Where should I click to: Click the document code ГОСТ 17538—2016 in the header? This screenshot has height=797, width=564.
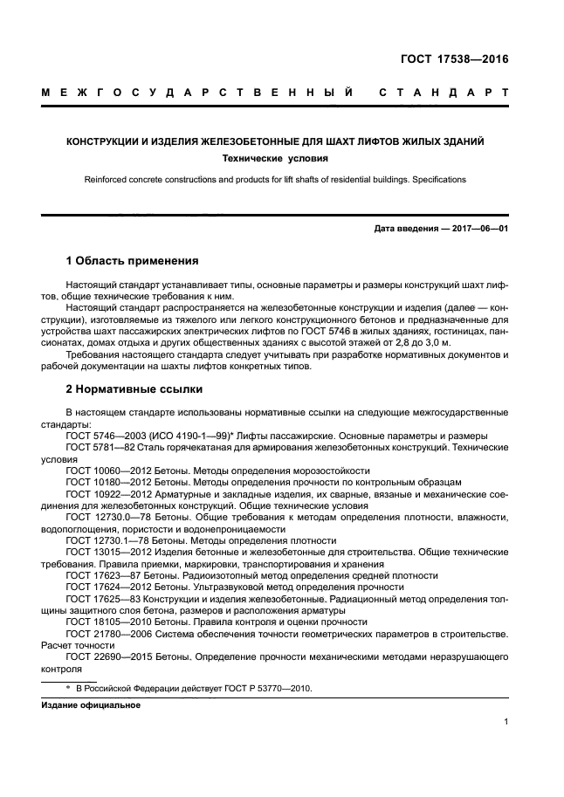(x=455, y=60)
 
